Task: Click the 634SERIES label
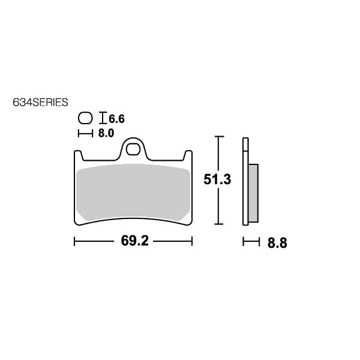pos(40,103)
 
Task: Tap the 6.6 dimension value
pos(116,119)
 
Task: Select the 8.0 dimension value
pos(106,133)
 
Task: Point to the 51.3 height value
pos(217,179)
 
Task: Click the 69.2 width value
pos(135,241)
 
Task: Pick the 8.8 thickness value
pos(277,243)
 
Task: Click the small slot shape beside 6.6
pos(85,118)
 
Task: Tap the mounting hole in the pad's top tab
pos(133,149)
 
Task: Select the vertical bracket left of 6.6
pos(103,118)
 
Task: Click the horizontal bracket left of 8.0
pos(85,133)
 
